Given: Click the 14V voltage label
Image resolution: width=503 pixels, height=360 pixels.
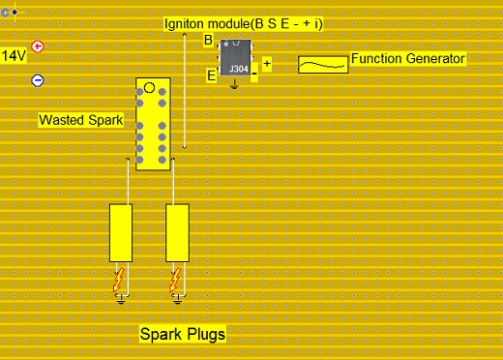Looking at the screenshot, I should [x=14, y=56].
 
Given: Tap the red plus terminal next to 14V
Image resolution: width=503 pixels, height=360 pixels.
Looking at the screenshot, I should [x=38, y=46].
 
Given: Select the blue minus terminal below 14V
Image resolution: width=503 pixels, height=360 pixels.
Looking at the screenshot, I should [x=38, y=81].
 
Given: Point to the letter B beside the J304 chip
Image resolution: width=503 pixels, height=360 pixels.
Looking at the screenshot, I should [x=208, y=41].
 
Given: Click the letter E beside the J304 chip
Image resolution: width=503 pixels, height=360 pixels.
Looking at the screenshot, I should [x=210, y=75].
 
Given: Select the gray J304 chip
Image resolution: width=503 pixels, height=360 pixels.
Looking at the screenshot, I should [x=235, y=57].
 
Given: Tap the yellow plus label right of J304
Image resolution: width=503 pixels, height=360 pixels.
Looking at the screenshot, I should [x=267, y=64].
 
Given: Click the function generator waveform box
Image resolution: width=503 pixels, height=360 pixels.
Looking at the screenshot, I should [x=322, y=64].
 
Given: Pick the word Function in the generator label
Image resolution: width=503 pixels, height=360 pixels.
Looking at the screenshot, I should [x=378, y=59].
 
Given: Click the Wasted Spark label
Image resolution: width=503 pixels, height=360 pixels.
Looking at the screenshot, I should [x=80, y=121].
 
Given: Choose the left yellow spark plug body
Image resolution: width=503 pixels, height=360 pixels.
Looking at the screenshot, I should [x=121, y=233].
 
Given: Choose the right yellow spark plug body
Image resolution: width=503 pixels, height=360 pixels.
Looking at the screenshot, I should [x=177, y=233].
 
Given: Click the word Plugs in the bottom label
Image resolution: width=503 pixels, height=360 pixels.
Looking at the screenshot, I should [x=204, y=335].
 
